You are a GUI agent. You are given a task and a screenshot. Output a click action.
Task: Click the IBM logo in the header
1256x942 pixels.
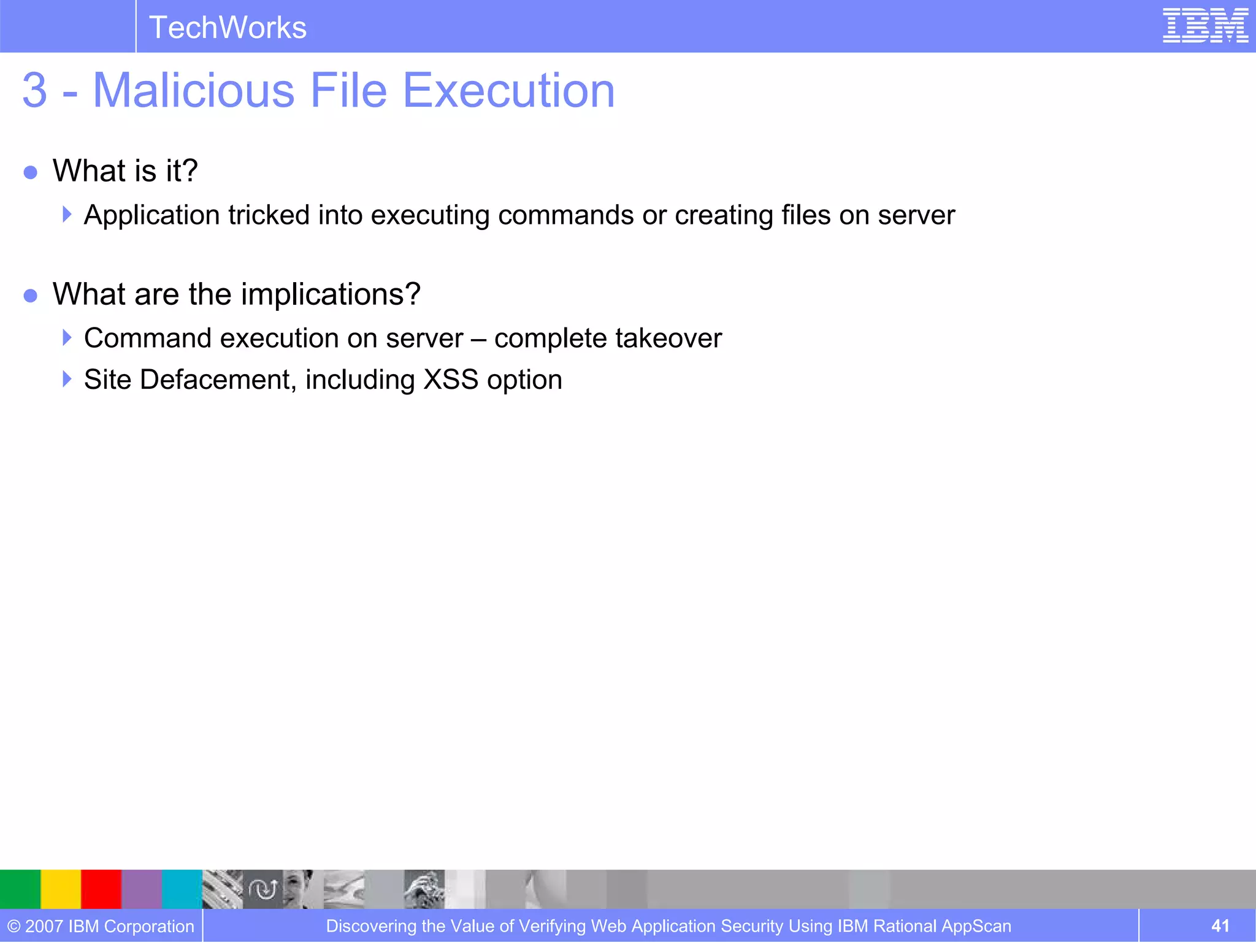coord(1205,26)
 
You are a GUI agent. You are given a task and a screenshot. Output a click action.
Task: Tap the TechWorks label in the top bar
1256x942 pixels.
coord(228,28)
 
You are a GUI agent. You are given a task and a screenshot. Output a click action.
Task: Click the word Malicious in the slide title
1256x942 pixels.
coord(194,90)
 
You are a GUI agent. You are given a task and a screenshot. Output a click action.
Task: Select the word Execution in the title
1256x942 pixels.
coord(508,90)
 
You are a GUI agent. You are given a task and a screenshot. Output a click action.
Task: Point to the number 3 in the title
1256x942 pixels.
coord(34,90)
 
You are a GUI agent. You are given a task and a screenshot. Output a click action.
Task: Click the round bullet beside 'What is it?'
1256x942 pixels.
coord(31,172)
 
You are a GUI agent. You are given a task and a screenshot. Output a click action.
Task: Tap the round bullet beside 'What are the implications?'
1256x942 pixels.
coord(31,296)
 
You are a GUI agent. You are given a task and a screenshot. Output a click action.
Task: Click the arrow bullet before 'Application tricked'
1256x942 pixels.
coord(67,214)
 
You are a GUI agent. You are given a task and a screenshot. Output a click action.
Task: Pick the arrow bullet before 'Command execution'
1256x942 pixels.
coord(67,337)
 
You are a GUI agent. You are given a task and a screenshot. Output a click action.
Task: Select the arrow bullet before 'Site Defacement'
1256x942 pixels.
coord(67,379)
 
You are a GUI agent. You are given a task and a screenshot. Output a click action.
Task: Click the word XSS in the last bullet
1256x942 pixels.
coord(451,380)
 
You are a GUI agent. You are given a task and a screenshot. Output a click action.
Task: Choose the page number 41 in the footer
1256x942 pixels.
coord(1220,925)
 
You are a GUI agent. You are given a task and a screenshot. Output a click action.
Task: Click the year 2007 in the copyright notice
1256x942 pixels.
coord(44,926)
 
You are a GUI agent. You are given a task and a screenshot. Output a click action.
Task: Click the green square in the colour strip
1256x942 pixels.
coord(20,889)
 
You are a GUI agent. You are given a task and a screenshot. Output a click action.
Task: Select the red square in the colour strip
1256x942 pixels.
coord(101,889)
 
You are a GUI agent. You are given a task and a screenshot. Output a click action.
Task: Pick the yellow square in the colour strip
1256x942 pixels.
coord(61,889)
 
